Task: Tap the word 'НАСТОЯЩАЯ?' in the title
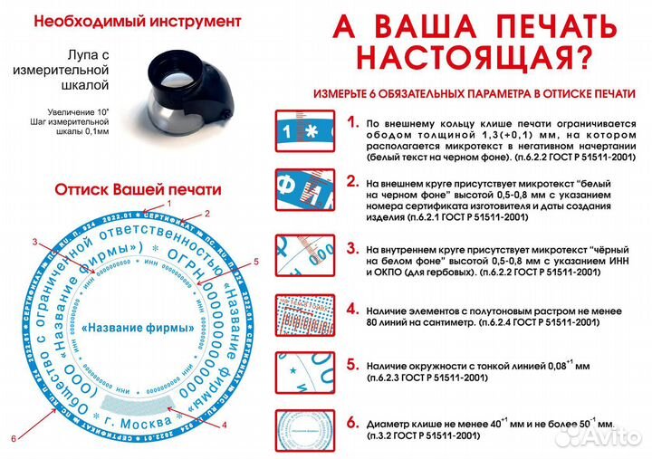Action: [x=475, y=57]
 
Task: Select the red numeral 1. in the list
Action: [x=352, y=120]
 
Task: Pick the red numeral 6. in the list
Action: [x=352, y=422]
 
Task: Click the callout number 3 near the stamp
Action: [x=34, y=242]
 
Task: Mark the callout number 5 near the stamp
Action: [x=256, y=262]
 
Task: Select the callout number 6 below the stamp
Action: [x=13, y=439]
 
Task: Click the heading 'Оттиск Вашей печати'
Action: [x=138, y=191]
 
